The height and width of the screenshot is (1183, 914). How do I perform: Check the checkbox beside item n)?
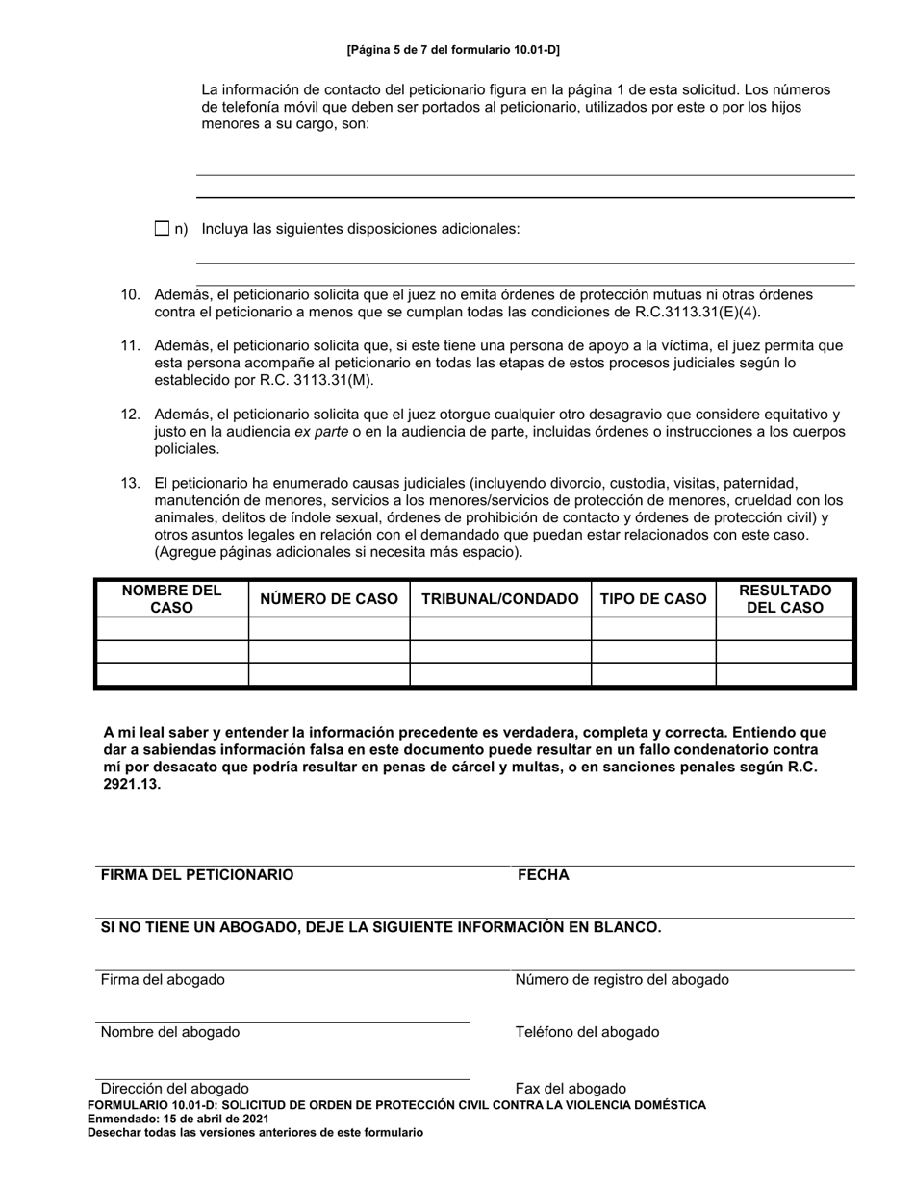162,229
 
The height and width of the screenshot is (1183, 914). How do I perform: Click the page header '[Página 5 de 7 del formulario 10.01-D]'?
453,49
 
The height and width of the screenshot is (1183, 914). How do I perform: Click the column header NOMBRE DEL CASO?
172,598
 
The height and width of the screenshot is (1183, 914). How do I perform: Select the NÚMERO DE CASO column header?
329,598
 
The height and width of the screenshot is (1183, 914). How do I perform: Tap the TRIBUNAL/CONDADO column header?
500,598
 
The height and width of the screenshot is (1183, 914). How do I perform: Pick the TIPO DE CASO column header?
653,598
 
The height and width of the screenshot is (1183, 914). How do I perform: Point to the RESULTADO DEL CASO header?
785,598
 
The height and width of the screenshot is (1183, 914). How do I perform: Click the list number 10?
131,294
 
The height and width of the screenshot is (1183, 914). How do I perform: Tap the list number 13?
131,483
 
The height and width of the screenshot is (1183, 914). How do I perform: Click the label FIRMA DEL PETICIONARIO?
197,875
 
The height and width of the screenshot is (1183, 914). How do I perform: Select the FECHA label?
544,875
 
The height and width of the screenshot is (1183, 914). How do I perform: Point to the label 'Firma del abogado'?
163,980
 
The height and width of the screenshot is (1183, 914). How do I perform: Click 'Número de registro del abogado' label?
622,980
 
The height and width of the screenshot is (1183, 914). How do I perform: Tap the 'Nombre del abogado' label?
170,1032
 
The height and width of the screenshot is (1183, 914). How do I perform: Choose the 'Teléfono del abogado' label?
587,1032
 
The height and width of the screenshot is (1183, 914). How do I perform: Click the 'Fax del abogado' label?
571,1089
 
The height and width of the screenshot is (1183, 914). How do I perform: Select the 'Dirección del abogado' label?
174,1089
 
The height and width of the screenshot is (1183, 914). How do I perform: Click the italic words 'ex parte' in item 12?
320,432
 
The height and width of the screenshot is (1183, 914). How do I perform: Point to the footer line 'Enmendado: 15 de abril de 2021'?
178,1120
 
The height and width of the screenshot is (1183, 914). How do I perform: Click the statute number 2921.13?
133,785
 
